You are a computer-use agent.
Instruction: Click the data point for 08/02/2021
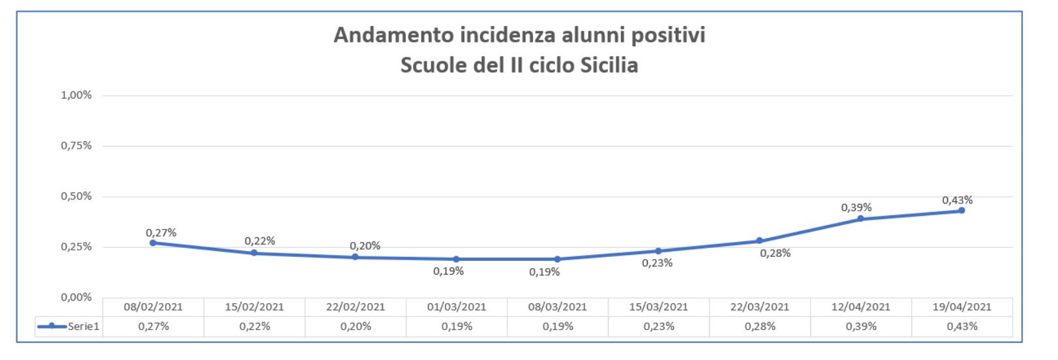[153, 243]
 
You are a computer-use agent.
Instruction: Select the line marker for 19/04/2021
[961, 210]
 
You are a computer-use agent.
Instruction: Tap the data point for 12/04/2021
[860, 218]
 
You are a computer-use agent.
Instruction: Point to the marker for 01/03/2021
[457, 259]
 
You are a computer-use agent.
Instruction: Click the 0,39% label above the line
[856, 207]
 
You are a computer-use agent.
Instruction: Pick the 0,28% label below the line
[775, 253]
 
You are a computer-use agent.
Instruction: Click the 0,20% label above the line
[365, 246]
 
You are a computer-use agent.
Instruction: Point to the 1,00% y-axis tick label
[76, 95]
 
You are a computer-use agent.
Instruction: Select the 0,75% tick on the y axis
[76, 145]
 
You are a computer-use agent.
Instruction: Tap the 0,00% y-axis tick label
[76, 297]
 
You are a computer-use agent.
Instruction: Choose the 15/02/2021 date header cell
[254, 307]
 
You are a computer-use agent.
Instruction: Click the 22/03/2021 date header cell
[759, 307]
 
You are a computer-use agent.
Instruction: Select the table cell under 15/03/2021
[659, 327]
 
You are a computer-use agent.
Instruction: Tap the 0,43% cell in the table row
[962, 327]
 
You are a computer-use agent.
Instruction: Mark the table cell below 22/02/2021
[355, 327]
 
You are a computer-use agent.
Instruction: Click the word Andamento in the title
[394, 35]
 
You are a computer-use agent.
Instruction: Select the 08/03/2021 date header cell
[558, 307]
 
